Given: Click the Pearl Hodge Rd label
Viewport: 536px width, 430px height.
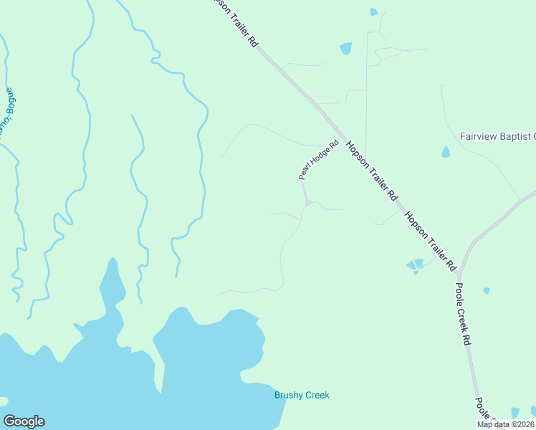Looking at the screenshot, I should coord(318,160).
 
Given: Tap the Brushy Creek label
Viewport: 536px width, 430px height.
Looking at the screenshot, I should coord(302,395).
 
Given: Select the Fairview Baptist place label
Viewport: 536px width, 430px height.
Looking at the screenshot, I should coord(497,136).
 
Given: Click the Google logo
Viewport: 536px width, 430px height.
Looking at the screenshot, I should coord(24,421).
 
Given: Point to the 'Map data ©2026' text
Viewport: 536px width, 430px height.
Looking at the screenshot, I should coord(504,424).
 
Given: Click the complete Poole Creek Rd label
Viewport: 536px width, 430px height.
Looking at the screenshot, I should coord(463,314).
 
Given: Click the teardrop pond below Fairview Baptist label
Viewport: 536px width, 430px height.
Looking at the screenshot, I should coord(446,152).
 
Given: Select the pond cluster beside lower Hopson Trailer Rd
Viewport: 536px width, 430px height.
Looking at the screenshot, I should coord(415,266).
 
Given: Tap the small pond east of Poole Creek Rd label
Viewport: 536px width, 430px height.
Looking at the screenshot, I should coord(487,290).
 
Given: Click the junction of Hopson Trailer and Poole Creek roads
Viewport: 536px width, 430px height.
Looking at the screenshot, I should coord(459,273).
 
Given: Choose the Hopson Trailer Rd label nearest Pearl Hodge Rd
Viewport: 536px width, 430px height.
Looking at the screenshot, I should coord(372,171).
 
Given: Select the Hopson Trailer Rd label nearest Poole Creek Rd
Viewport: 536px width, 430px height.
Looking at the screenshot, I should coord(430,240).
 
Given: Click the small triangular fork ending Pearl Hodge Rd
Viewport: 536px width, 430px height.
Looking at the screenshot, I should coord(307,204).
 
